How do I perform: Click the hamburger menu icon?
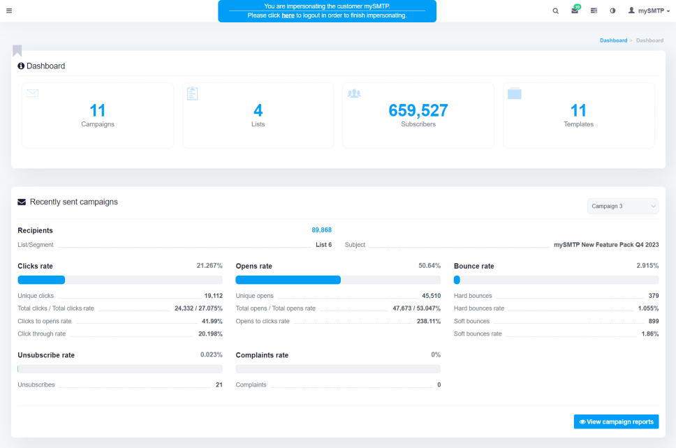[x=9, y=10]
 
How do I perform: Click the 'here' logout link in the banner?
[x=288, y=15]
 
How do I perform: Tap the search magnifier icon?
[x=556, y=10]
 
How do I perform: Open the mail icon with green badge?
[x=575, y=10]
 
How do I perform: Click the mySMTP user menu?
[x=649, y=10]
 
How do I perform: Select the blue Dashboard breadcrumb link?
[x=613, y=40]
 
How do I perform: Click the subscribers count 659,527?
[x=418, y=111]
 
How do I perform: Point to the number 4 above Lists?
[x=258, y=111]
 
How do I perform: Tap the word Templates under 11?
[x=578, y=124]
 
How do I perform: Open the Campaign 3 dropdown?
[x=623, y=207]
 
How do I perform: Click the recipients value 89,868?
[x=322, y=230]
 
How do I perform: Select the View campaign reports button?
[x=616, y=421]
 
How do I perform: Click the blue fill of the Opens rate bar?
[x=288, y=280]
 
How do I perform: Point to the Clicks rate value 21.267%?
[x=210, y=266]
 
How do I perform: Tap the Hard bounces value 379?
[x=654, y=296]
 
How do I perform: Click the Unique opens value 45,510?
[x=431, y=296]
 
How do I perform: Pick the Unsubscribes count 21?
[x=219, y=385]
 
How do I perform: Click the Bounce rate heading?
[x=473, y=266]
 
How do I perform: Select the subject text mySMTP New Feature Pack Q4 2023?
[x=606, y=245]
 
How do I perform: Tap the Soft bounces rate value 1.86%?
[x=650, y=334]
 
